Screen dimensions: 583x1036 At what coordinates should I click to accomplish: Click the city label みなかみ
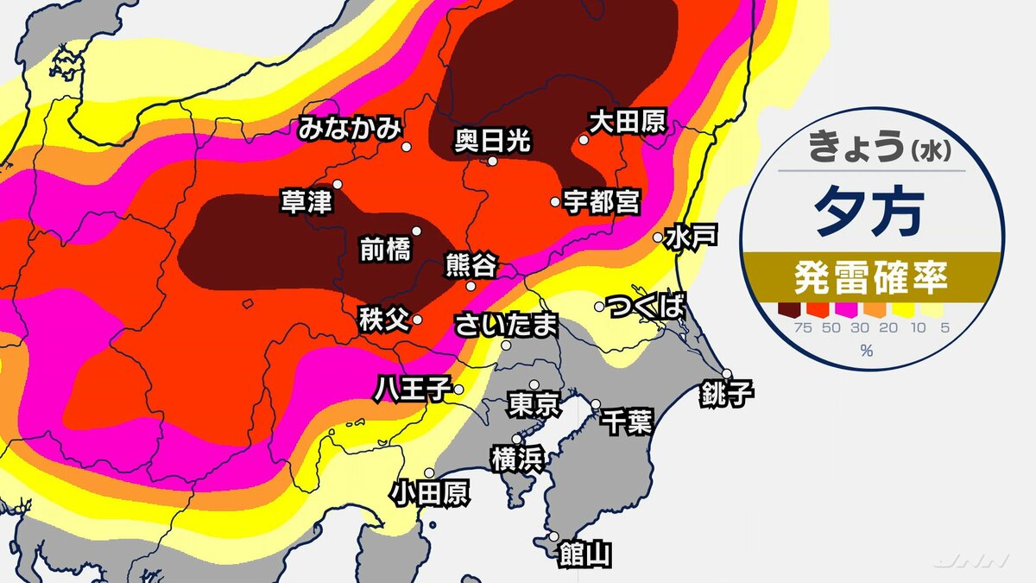[350, 130]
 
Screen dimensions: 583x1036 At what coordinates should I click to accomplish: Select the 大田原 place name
[627, 122]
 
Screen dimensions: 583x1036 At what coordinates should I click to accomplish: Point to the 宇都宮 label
[601, 202]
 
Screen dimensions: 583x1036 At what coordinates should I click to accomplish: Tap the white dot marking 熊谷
[471, 286]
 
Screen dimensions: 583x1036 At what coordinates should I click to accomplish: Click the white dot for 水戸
[658, 237]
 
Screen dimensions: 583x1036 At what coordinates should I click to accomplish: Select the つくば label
[646, 306]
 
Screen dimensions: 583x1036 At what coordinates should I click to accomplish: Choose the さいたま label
[507, 325]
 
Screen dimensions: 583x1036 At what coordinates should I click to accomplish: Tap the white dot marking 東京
[534, 385]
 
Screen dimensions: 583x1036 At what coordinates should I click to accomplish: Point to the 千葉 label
[627, 423]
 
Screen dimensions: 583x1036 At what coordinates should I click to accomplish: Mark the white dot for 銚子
[727, 374]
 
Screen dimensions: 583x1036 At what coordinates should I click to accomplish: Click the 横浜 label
[516, 459]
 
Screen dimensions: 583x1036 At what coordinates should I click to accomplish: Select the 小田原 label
[429, 493]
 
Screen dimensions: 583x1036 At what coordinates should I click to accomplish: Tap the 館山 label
[584, 554]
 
